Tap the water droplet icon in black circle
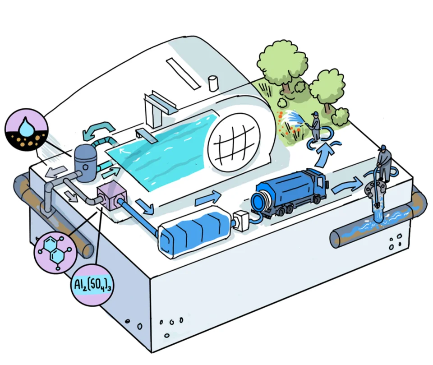tap(26, 129)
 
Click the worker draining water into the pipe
tap(383, 163)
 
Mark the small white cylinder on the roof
tap(213, 83)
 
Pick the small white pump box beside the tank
tap(242, 220)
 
